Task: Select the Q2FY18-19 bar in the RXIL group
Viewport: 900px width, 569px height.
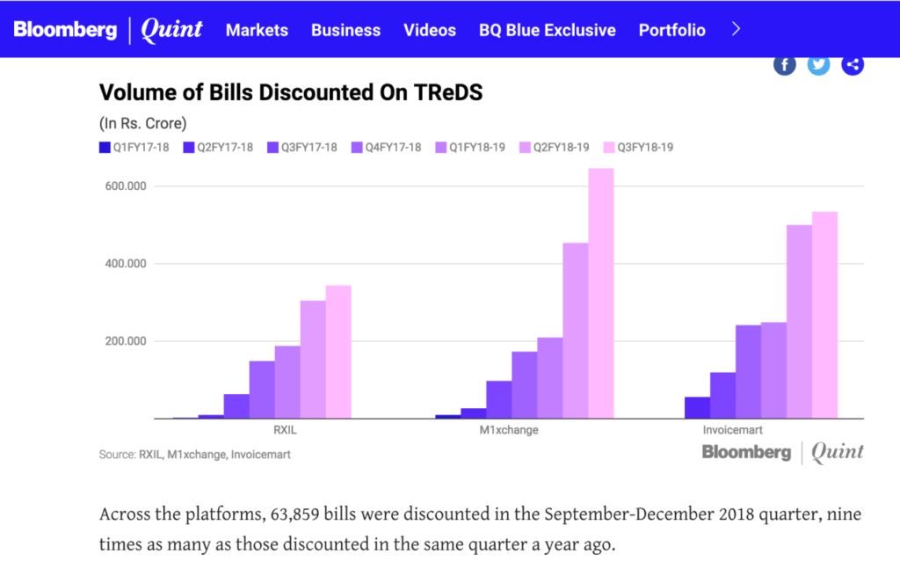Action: pyautogui.click(x=313, y=359)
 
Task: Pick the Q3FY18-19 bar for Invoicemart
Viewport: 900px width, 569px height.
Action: pyautogui.click(x=824, y=315)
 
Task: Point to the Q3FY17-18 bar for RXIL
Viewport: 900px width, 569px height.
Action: pyautogui.click(x=236, y=405)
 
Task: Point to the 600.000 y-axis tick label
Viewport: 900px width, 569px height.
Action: pyautogui.click(x=125, y=186)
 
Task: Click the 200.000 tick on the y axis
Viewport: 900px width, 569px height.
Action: pyautogui.click(x=125, y=341)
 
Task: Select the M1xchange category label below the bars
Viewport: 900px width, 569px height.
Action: pyautogui.click(x=509, y=431)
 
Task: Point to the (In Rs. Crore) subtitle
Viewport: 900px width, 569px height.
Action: pyautogui.click(x=142, y=123)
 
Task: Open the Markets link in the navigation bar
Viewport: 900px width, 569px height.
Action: pyautogui.click(x=257, y=30)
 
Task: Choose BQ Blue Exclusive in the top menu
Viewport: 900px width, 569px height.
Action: pyautogui.click(x=547, y=30)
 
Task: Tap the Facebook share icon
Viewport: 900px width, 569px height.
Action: pyautogui.click(x=785, y=64)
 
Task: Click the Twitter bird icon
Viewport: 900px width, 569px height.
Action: pyautogui.click(x=818, y=64)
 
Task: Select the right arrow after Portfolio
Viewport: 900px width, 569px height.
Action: pyautogui.click(x=737, y=29)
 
